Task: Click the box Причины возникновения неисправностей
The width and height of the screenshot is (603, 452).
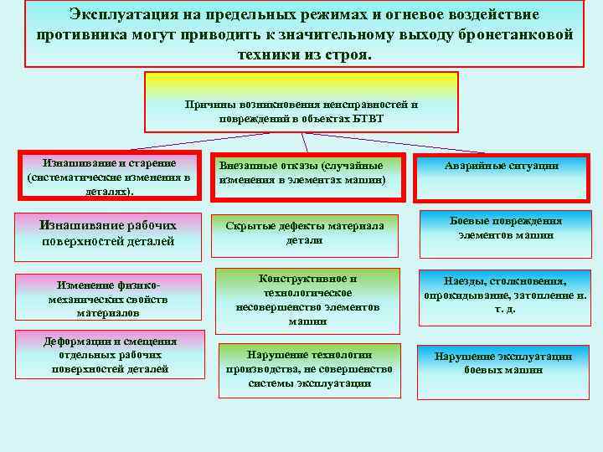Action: pos(301,102)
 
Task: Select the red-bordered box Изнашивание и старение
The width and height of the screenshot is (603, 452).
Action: pos(110,177)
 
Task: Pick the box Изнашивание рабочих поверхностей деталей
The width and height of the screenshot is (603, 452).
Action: pos(109,234)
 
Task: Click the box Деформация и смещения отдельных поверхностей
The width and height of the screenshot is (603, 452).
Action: pos(110,354)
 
